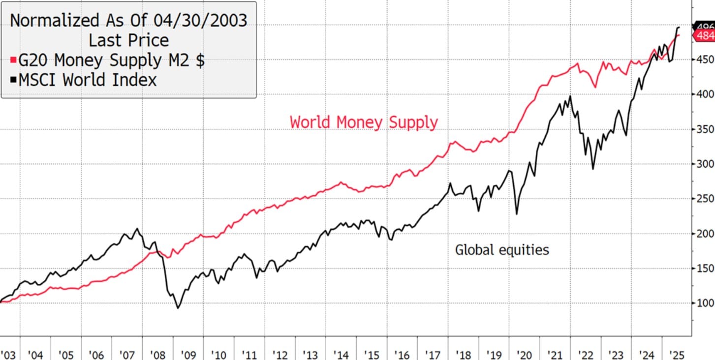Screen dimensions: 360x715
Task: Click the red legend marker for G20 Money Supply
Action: [x=13, y=60]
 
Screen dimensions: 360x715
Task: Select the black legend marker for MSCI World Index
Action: [x=13, y=80]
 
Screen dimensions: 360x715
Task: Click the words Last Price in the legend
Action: [x=128, y=40]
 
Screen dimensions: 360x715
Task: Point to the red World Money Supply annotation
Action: [x=364, y=121]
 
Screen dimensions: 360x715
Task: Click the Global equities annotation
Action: [x=501, y=250]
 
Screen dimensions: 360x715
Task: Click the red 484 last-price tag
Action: [x=704, y=36]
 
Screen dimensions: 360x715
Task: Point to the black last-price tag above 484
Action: [x=704, y=26]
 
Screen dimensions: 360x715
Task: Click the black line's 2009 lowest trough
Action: [x=178, y=308]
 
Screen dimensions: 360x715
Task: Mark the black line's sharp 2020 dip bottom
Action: [x=517, y=213]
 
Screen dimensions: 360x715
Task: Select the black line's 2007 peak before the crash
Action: [x=136, y=229]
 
